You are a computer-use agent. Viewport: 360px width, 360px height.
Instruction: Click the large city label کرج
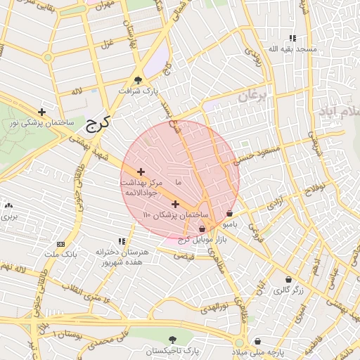pos(97,124)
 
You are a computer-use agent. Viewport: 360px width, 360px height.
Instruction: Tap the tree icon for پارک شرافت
pos(138,80)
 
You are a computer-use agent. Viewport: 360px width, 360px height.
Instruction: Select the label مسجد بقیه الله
pos(296,49)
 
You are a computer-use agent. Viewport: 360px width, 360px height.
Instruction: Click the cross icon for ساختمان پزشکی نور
pos(42,112)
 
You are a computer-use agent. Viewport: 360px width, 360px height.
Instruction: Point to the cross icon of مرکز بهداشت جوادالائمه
pos(141,171)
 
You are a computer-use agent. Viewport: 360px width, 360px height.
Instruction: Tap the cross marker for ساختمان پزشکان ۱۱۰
pos(175,204)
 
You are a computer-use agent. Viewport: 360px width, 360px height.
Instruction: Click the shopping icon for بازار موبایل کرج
pos(202,229)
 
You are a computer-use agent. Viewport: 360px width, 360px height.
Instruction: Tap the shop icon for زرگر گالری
pos(287,278)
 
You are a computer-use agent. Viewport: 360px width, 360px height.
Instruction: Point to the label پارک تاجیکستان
pos(173,349)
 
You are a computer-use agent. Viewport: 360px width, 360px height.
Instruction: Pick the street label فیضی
pos(184,256)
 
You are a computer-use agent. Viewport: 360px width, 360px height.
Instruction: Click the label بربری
pos(8,216)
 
